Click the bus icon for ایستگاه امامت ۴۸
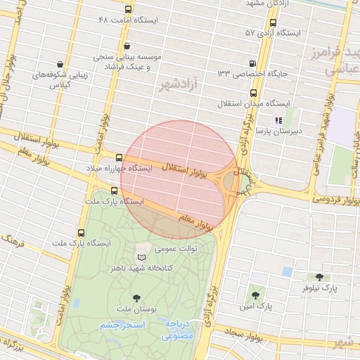pos(127,10)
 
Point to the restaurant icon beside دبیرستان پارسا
pos(278,120)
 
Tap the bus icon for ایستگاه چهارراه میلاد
pos(118,158)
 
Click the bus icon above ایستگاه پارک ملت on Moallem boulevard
pos(115,190)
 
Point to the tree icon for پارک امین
pos(255,295)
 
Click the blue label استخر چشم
pos(122,326)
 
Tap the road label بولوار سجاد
pos(245,333)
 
